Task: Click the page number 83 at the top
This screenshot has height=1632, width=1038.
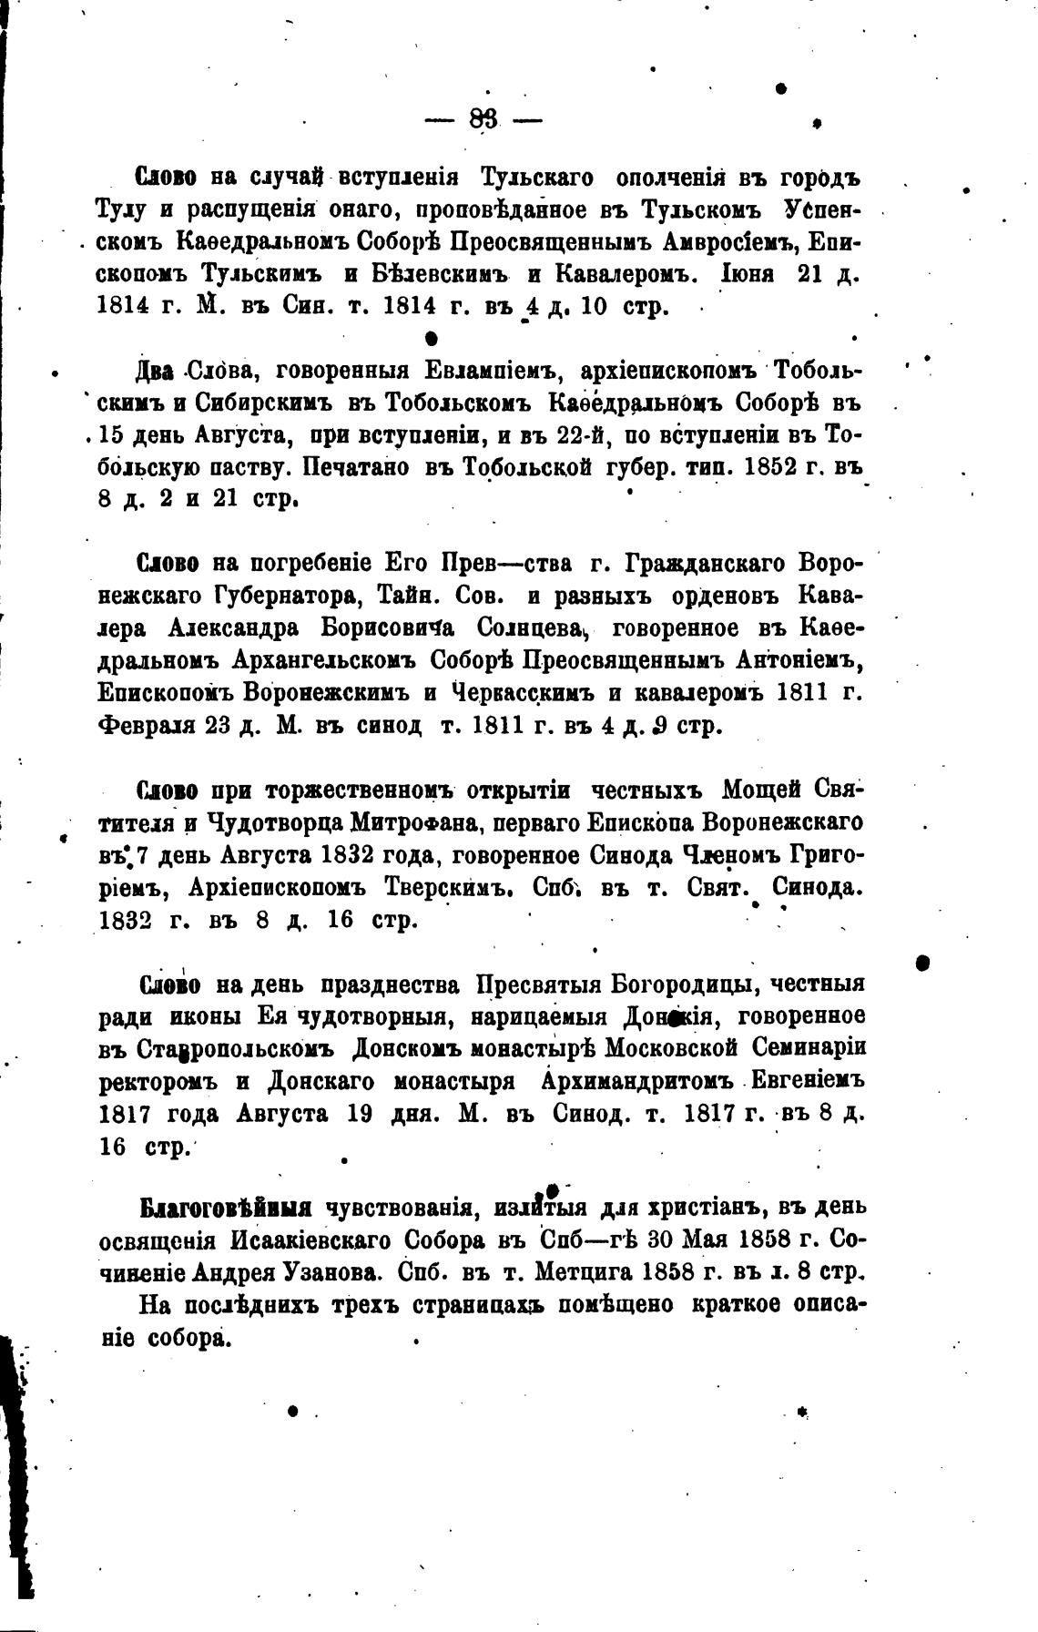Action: coord(483,118)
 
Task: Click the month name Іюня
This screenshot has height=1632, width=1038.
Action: coord(750,275)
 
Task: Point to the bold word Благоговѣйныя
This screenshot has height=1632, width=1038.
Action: coord(225,1209)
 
